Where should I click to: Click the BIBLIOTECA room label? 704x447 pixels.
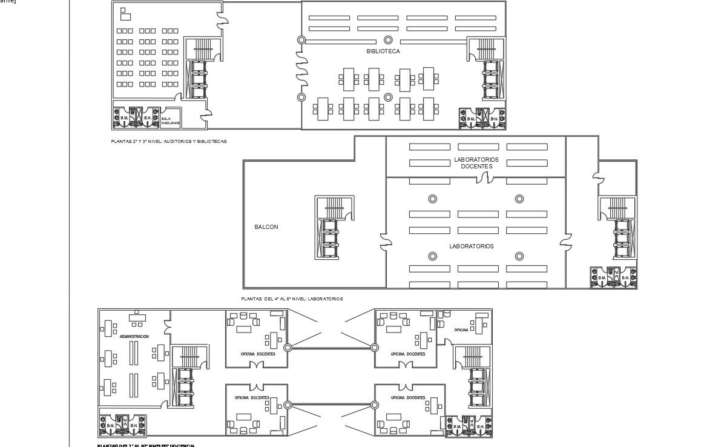[383, 51]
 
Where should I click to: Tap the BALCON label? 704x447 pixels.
[266, 227]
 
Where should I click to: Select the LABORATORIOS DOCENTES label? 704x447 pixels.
[476, 163]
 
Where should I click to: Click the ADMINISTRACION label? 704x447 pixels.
[134, 336]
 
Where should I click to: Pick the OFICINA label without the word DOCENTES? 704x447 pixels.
[461, 329]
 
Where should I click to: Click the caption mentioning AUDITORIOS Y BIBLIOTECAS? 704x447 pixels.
[169, 141]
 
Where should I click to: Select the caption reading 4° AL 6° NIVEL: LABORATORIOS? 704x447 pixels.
[292, 299]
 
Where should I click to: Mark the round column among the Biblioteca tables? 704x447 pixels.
[389, 97]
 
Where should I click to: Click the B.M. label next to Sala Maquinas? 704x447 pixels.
[124, 118]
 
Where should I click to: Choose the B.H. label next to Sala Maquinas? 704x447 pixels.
[148, 118]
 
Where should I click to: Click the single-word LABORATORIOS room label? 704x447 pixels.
[471, 247]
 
